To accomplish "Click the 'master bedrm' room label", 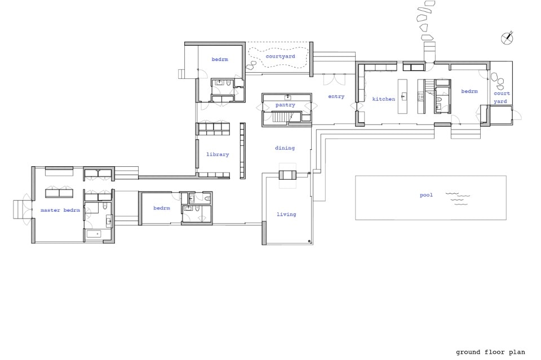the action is point(60,210).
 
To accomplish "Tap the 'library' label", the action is point(218,154).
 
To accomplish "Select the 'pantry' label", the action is point(285,105).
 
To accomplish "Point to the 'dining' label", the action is point(285,148).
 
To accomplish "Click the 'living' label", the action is point(286,214).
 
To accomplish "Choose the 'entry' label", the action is point(336,96).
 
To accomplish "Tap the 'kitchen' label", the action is point(384,99).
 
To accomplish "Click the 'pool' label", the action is point(426,195).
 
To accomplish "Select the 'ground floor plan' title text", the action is point(491,352).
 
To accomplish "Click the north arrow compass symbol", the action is point(507,38).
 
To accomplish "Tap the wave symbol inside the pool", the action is point(458,199).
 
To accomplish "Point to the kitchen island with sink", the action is point(402,96).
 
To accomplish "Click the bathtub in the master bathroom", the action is point(94,234).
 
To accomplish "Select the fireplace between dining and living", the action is point(287,175).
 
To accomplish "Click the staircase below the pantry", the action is point(280,117).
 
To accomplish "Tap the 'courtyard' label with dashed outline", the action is point(281,56).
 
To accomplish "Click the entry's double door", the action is point(334,79).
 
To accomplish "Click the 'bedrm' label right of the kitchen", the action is point(469,91).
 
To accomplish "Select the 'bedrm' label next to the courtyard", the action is point(220,59).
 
